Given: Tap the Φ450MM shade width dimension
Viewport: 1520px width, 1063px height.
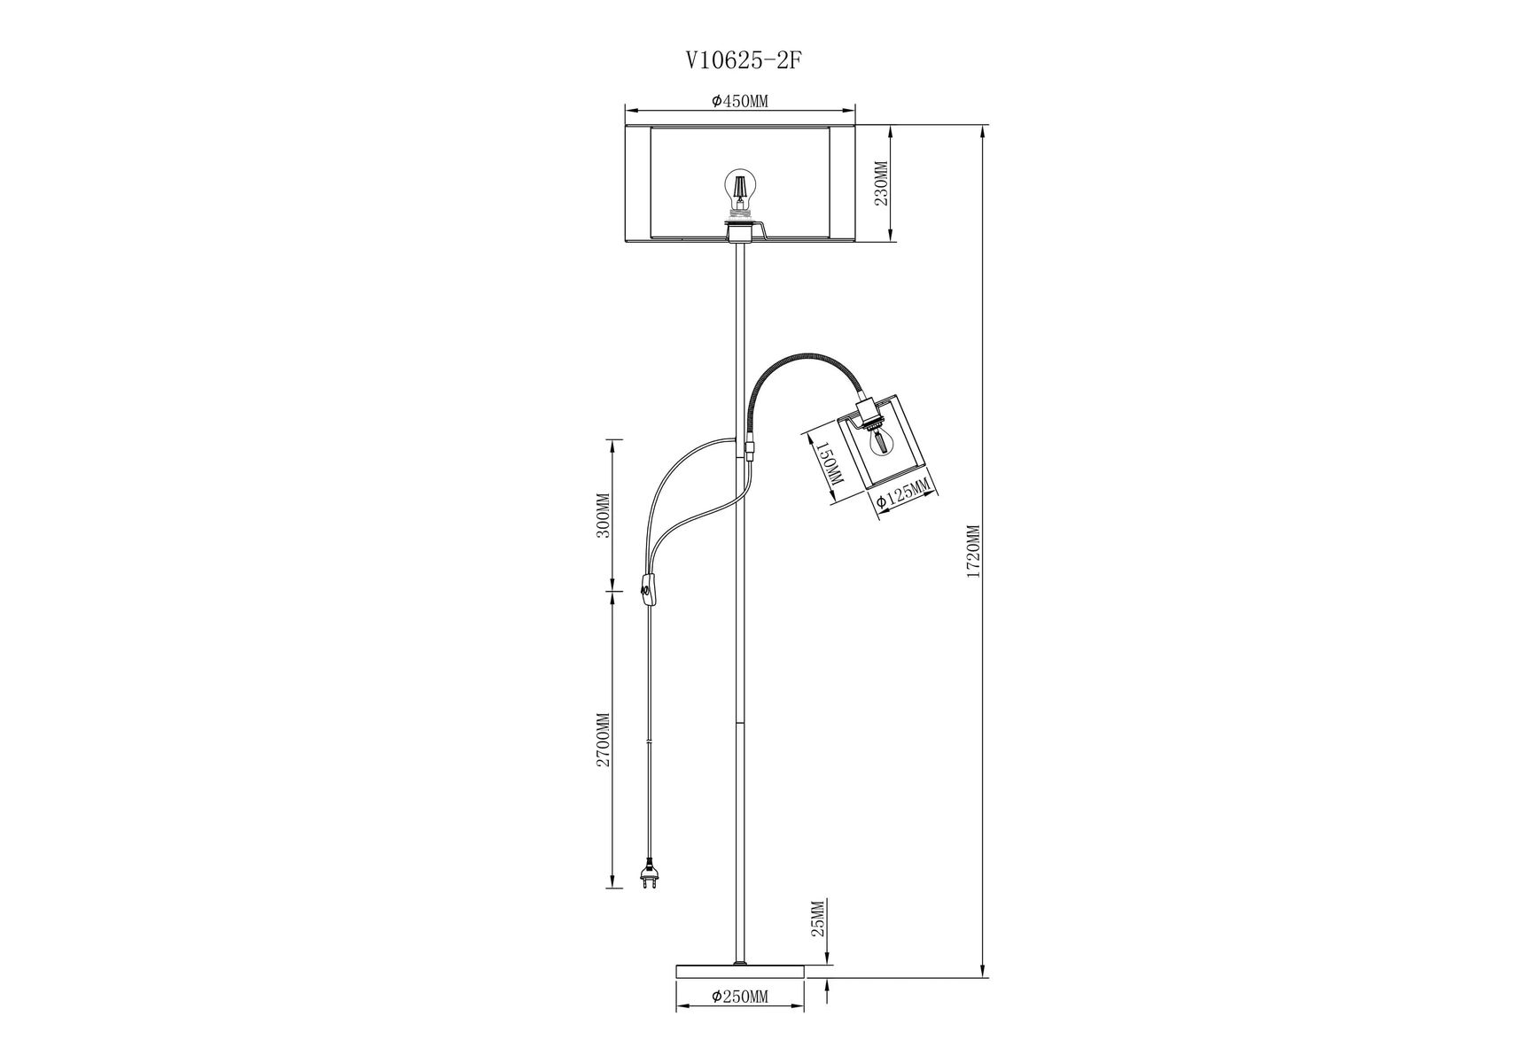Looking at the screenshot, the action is point(739,101).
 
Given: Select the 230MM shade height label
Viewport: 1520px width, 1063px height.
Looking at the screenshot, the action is point(880,183).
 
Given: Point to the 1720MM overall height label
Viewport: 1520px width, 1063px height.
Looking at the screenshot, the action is point(972,551).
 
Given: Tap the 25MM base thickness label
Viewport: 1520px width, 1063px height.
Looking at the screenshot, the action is point(818,919).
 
